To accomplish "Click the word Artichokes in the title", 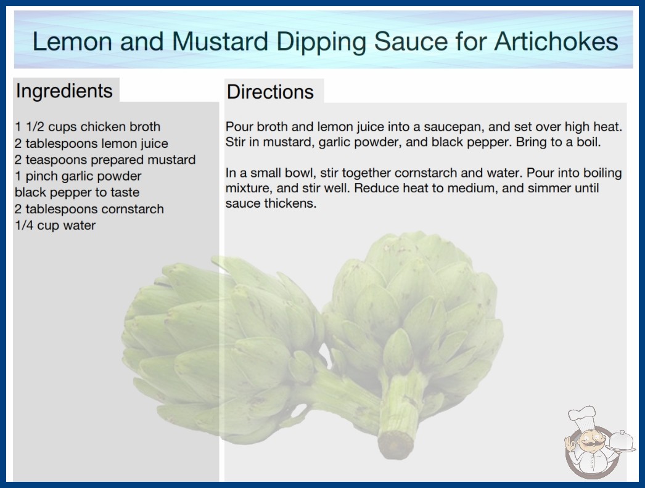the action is tap(556, 41).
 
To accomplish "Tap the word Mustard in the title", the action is tap(220, 41).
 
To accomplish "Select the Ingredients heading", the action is tap(64, 91).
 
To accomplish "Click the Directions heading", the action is tap(270, 92).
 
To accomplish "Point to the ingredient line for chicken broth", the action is tap(88, 127).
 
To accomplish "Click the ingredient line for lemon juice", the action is tap(91, 144).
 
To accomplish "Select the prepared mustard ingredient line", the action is tap(105, 160).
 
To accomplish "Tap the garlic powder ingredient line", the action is tap(78, 176).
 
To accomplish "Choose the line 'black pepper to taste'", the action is tap(77, 192).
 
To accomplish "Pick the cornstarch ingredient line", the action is tap(89, 209).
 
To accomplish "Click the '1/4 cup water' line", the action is tap(55, 226).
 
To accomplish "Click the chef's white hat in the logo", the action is tap(582, 416).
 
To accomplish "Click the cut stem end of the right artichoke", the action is tap(394, 445).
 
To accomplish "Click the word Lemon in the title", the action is tap(72, 41).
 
